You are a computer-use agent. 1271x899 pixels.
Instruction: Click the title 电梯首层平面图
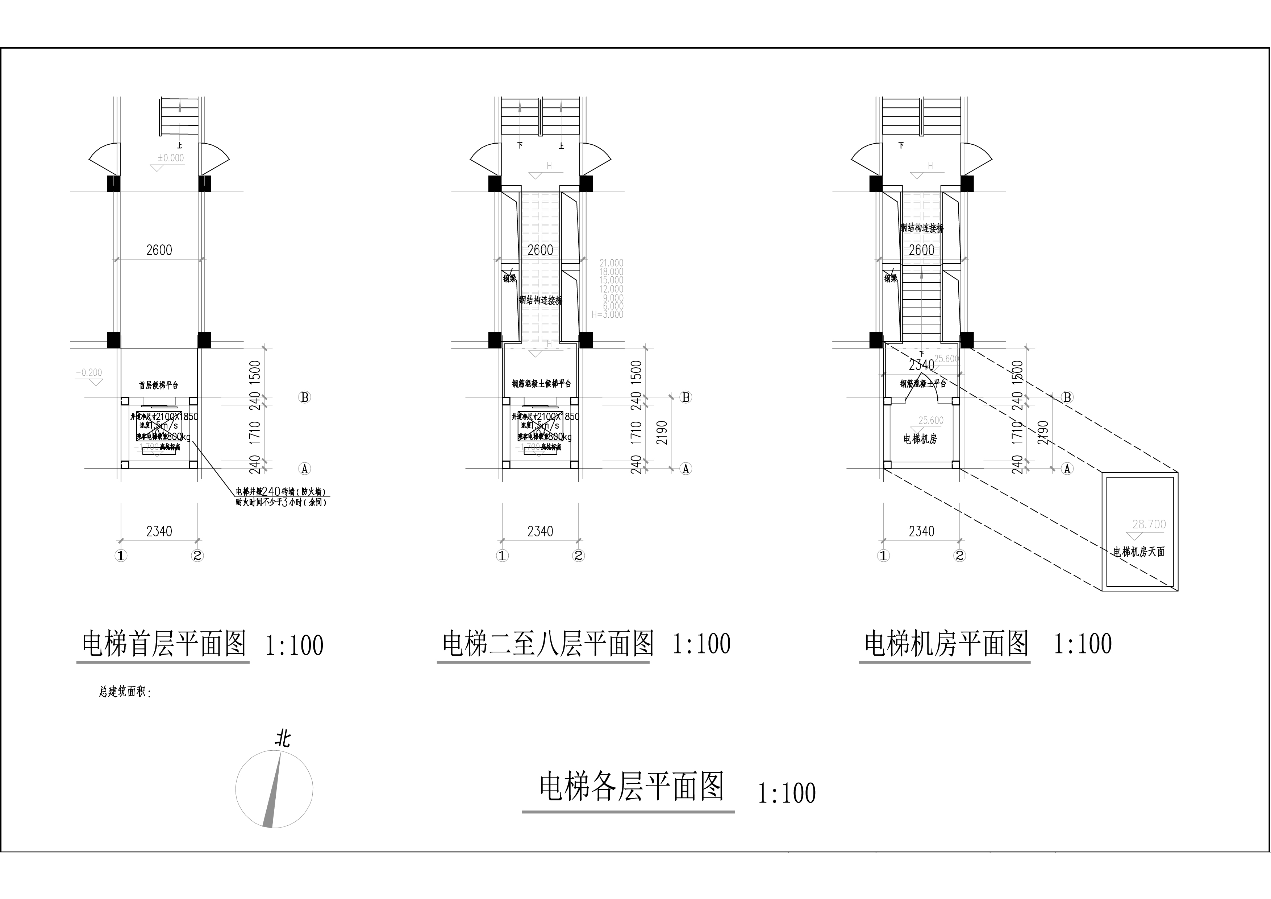[x=164, y=644]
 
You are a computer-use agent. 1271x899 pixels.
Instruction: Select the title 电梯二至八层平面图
[x=547, y=644]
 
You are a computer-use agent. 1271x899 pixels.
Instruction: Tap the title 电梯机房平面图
[x=946, y=644]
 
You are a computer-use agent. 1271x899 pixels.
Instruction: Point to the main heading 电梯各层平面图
[x=631, y=787]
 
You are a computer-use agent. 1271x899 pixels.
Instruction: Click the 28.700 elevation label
[x=1149, y=524]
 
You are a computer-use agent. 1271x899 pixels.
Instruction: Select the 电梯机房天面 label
[x=1139, y=552]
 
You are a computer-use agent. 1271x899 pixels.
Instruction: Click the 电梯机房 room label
[x=920, y=439]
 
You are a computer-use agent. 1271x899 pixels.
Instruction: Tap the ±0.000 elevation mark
[x=171, y=158]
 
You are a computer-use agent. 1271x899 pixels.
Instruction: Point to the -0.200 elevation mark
[x=88, y=373]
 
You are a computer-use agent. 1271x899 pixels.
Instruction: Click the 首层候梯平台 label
[x=158, y=385]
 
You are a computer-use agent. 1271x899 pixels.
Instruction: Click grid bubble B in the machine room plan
[x=1067, y=397]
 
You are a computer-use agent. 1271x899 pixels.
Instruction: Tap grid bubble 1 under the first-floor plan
[x=121, y=556]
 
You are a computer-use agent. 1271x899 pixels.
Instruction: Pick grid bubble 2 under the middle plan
[x=579, y=556]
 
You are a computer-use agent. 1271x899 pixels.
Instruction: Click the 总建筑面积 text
[x=125, y=692]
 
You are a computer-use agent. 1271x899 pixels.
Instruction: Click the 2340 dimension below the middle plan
[x=540, y=532]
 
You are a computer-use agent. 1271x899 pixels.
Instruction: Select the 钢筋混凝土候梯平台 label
[x=541, y=383]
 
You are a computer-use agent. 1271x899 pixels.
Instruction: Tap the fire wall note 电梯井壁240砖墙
[x=281, y=492]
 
